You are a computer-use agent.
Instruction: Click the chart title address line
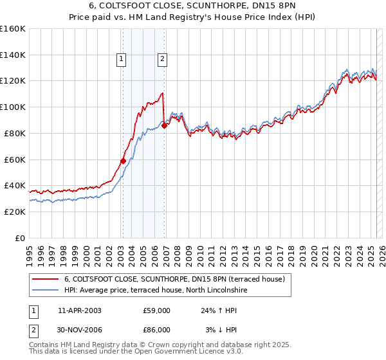[192, 6]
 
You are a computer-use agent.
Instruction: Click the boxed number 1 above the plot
[122, 60]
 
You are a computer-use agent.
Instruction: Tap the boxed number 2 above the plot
[162, 60]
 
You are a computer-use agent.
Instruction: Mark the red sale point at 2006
[164, 125]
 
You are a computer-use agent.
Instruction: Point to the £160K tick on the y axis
[13, 29]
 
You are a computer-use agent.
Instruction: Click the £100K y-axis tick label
[13, 107]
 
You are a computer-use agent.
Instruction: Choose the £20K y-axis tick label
[15, 212]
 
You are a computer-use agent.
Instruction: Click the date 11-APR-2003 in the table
[80, 310]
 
